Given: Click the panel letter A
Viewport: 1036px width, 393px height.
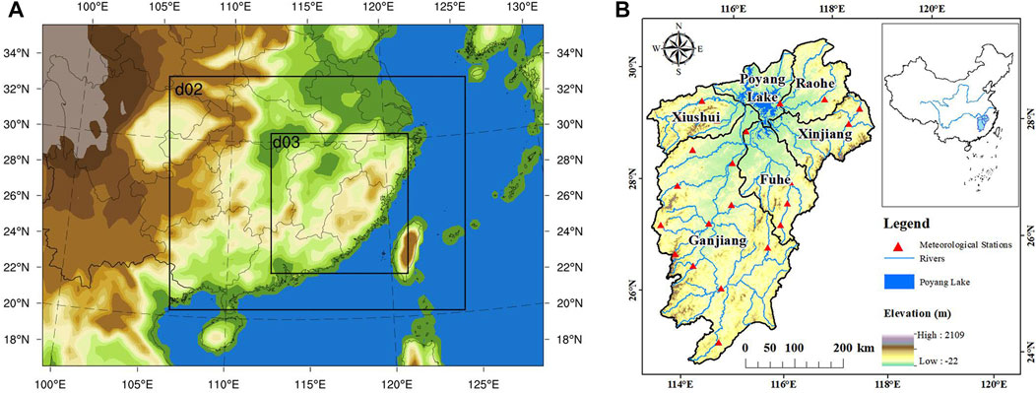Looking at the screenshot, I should click(18, 11).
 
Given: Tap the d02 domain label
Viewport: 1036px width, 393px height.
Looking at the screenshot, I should click(188, 89).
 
